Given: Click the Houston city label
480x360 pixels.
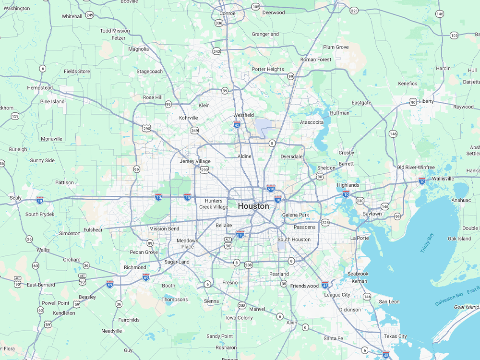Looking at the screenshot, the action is pyautogui.click(x=253, y=206).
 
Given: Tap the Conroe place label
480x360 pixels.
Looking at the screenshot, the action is pyautogui.click(x=227, y=13).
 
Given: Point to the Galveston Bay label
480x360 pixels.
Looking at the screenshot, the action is pyautogui.click(x=449, y=299).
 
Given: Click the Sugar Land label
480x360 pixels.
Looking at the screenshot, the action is pyautogui.click(x=177, y=262).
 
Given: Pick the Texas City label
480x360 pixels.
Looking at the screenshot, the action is pyautogui.click(x=395, y=336).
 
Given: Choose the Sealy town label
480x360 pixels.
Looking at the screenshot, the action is pyautogui.click(x=15, y=198).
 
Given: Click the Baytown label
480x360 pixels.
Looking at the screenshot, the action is pyautogui.click(x=372, y=214).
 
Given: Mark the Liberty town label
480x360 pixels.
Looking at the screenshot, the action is pyautogui.click(x=426, y=101).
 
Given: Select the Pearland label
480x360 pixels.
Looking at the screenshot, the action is pyautogui.click(x=279, y=274).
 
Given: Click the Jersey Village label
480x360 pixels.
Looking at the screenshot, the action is pyautogui.click(x=195, y=161).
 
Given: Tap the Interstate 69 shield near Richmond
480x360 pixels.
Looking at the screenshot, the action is pyautogui.click(x=146, y=277).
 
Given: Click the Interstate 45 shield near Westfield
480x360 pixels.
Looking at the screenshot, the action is pyautogui.click(x=237, y=124).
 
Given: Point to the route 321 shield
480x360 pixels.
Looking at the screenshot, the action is pyautogui.click(x=354, y=11).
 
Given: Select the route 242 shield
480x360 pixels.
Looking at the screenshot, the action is pyautogui.click(x=216, y=51).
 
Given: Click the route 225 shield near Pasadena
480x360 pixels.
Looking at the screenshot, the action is pyautogui.click(x=325, y=222).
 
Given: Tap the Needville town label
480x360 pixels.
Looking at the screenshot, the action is pyautogui.click(x=111, y=331).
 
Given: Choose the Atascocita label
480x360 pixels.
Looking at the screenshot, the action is pyautogui.click(x=312, y=122).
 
